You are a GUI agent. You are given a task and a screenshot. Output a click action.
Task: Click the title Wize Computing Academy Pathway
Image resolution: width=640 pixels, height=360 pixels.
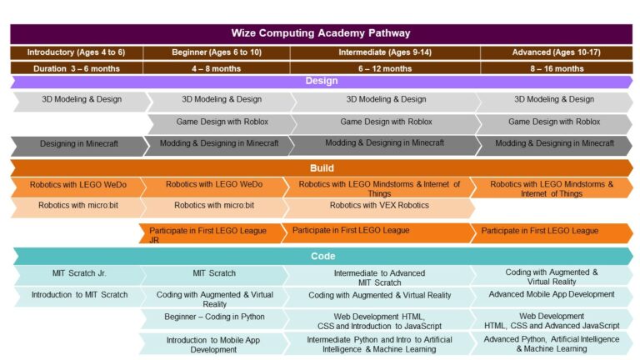pyautogui.click(x=321, y=33)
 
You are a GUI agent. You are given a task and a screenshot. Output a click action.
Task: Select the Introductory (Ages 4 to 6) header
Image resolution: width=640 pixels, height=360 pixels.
pyautogui.click(x=76, y=52)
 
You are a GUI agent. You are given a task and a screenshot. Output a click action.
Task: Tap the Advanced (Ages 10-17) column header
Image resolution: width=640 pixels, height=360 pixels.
pyautogui.click(x=555, y=52)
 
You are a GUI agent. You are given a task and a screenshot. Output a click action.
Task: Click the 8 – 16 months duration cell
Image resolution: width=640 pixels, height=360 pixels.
pyautogui.click(x=555, y=68)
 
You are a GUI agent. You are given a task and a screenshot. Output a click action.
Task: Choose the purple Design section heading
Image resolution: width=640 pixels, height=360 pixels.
pyautogui.click(x=321, y=82)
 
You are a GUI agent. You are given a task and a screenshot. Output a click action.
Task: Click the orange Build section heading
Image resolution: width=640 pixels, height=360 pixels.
pyautogui.click(x=321, y=167)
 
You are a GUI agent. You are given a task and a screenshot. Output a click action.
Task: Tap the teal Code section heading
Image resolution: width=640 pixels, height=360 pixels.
pyautogui.click(x=321, y=256)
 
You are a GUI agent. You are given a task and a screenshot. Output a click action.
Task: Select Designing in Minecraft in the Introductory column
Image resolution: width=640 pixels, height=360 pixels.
pyautogui.click(x=79, y=144)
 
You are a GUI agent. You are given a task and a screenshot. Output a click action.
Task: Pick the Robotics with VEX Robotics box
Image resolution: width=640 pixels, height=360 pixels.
pyautogui.click(x=379, y=205)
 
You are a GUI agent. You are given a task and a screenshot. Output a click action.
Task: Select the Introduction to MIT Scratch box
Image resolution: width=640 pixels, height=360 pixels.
pyautogui.click(x=79, y=295)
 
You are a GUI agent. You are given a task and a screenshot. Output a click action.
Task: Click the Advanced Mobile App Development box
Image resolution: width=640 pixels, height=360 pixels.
pyautogui.click(x=551, y=295)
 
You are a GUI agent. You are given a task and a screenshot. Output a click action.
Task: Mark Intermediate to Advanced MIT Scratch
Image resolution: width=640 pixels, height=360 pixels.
pyautogui.click(x=379, y=277)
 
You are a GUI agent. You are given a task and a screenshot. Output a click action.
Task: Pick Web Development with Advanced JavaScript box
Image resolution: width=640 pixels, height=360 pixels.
pyautogui.click(x=551, y=321)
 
